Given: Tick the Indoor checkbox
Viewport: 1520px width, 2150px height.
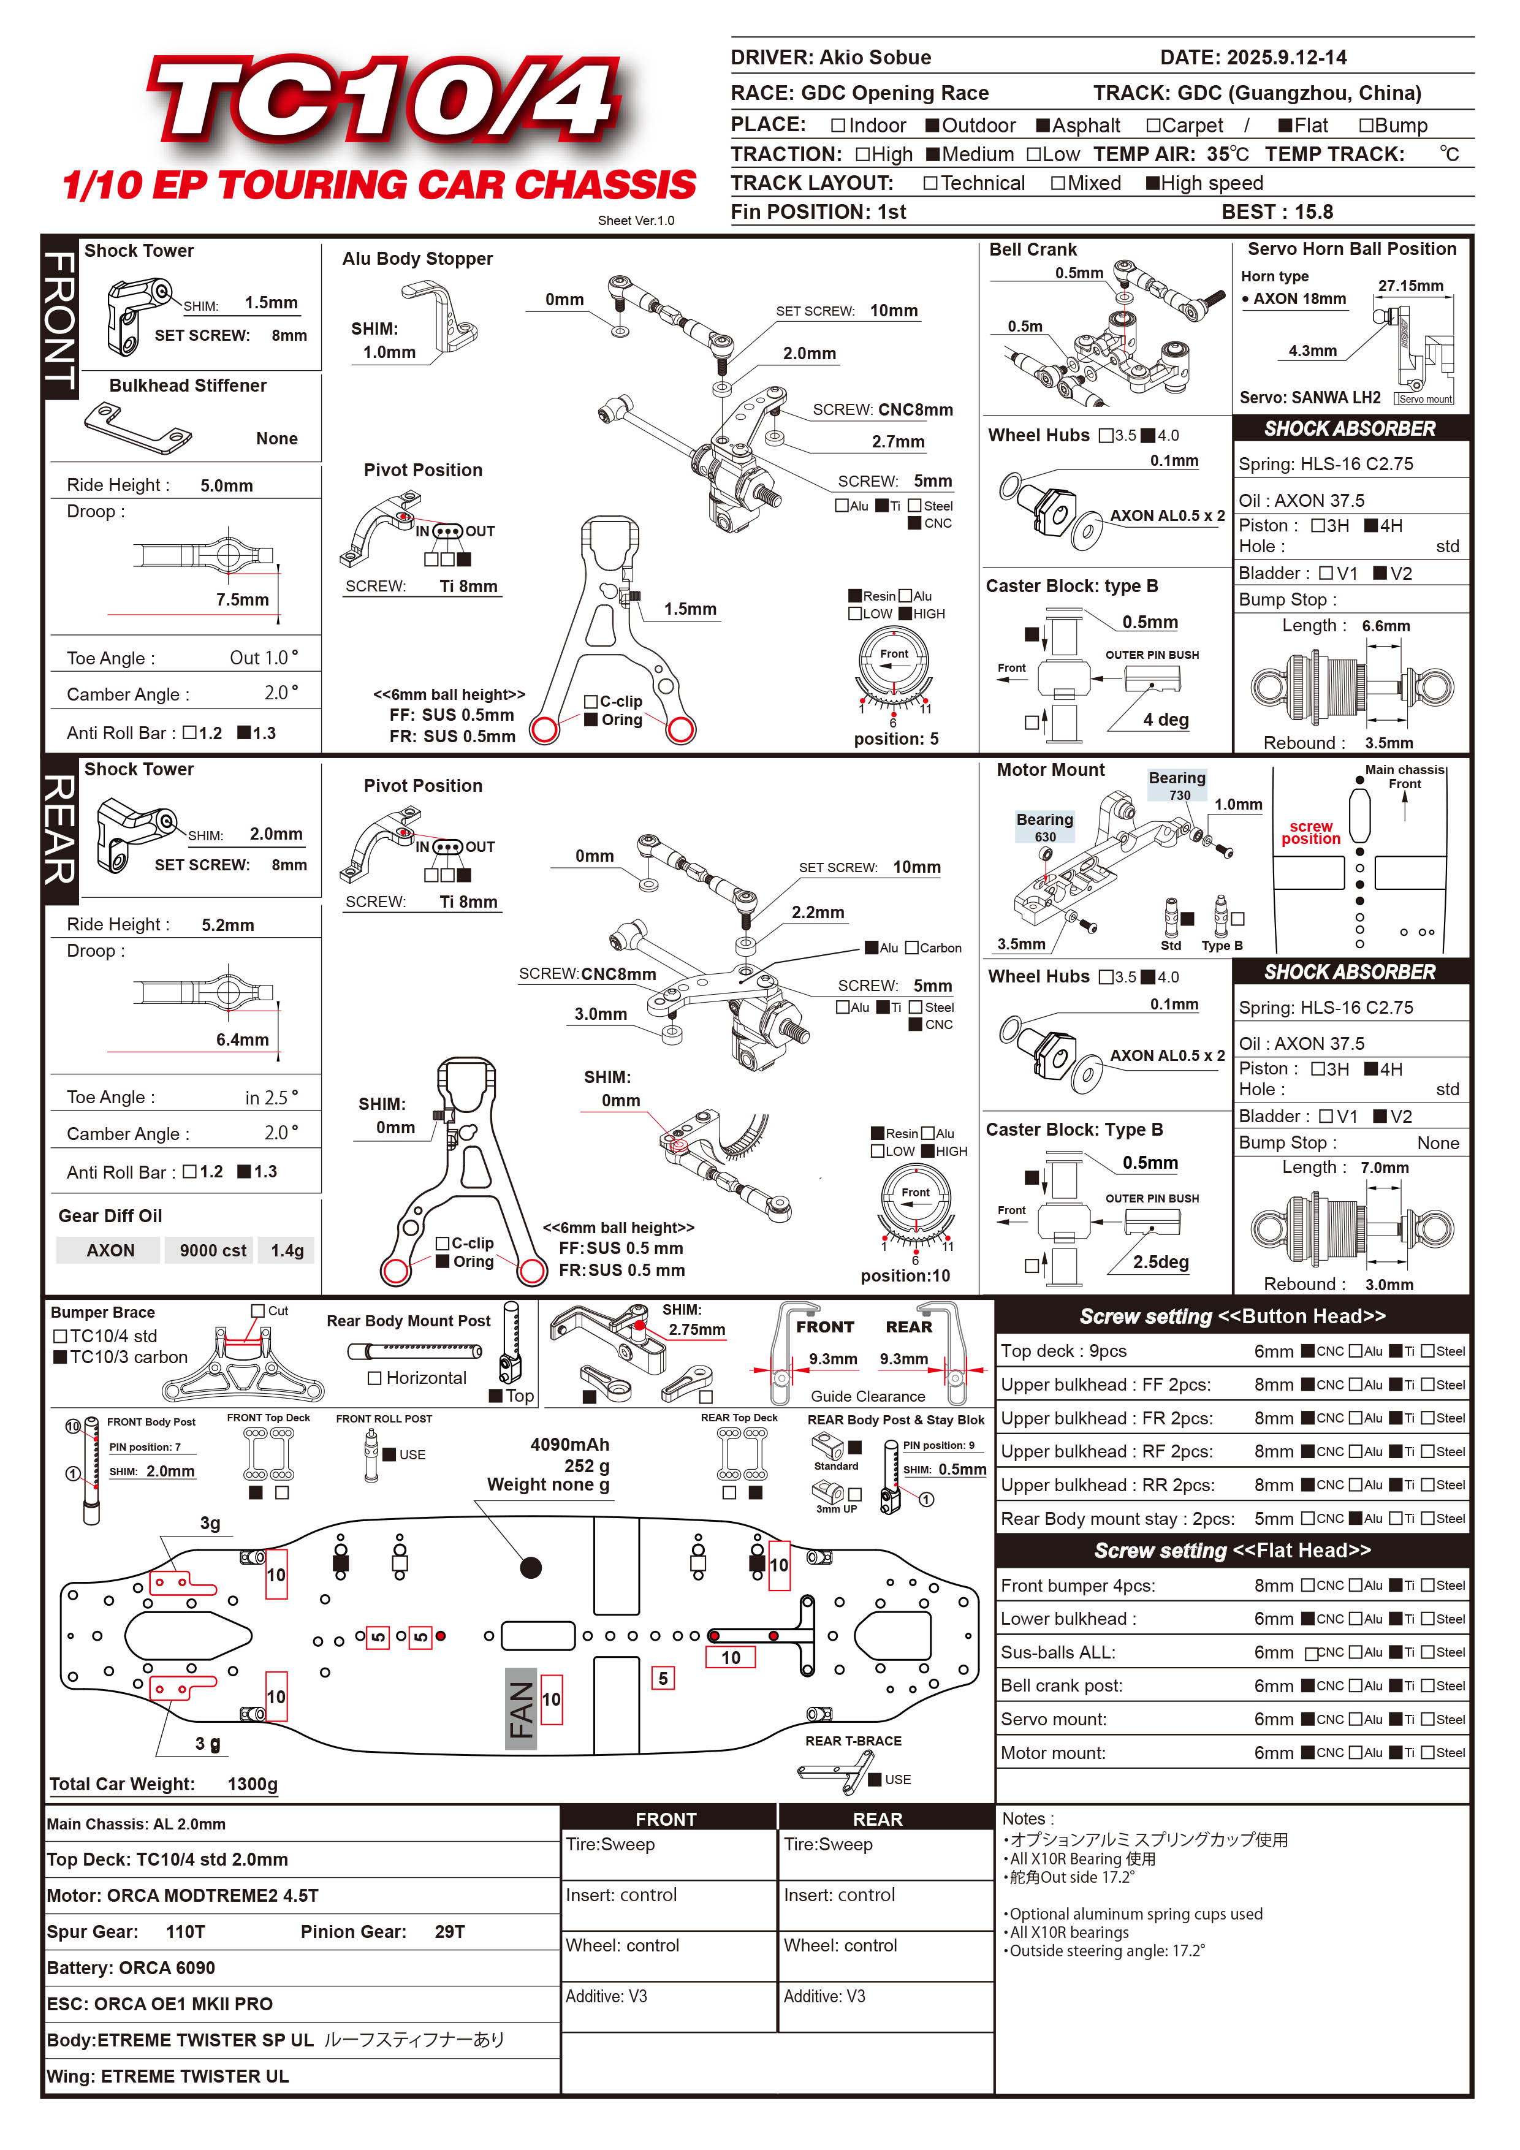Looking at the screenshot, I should click(838, 126).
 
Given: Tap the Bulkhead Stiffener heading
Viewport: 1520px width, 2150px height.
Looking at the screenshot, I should click(188, 386).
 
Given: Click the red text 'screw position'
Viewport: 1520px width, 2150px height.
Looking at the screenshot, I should click(1310, 832).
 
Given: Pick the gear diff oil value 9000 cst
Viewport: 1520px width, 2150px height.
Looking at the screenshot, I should click(213, 1251).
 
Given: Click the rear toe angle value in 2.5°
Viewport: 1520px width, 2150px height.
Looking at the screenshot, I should click(272, 1098).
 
